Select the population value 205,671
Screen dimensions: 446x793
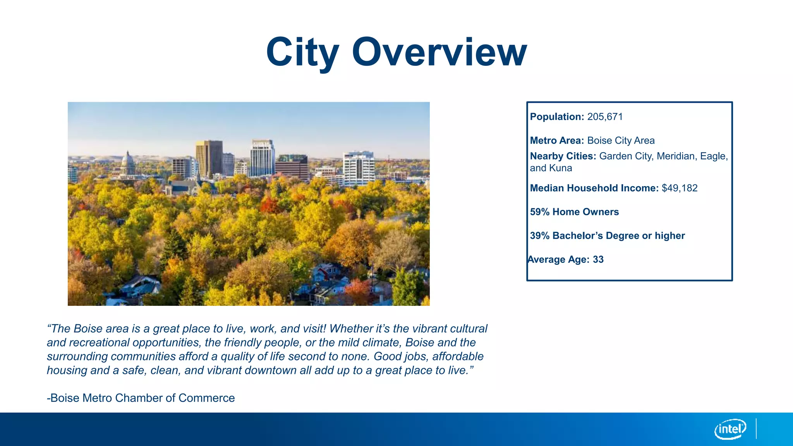(605, 117)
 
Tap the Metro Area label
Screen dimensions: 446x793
(557, 141)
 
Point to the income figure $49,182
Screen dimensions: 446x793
(680, 188)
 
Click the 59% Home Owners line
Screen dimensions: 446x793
(574, 212)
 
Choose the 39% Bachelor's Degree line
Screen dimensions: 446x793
(607, 236)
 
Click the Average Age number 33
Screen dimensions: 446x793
(598, 259)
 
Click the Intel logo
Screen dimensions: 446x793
(730, 429)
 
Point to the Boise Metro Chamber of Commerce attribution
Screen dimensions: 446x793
(141, 398)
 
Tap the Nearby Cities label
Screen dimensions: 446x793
(563, 156)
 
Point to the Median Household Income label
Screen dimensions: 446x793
(594, 188)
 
